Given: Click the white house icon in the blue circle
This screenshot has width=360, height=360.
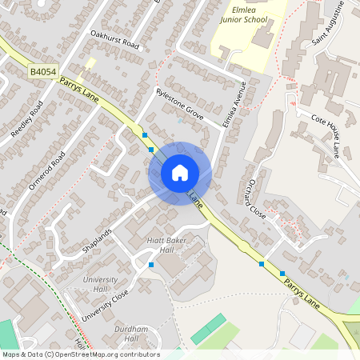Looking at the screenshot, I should [x=180, y=173].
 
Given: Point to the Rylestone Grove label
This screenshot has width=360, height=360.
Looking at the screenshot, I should [x=180, y=105].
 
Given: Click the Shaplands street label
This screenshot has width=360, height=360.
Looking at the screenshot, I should [x=98, y=240].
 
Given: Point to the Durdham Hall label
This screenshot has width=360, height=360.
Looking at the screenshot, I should [x=130, y=334].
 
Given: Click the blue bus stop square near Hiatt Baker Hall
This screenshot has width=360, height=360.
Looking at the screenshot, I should [x=150, y=265].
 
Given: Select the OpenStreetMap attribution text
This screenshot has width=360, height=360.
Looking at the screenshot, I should [x=81, y=354].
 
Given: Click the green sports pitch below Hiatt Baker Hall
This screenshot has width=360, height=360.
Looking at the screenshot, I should [x=209, y=328].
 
